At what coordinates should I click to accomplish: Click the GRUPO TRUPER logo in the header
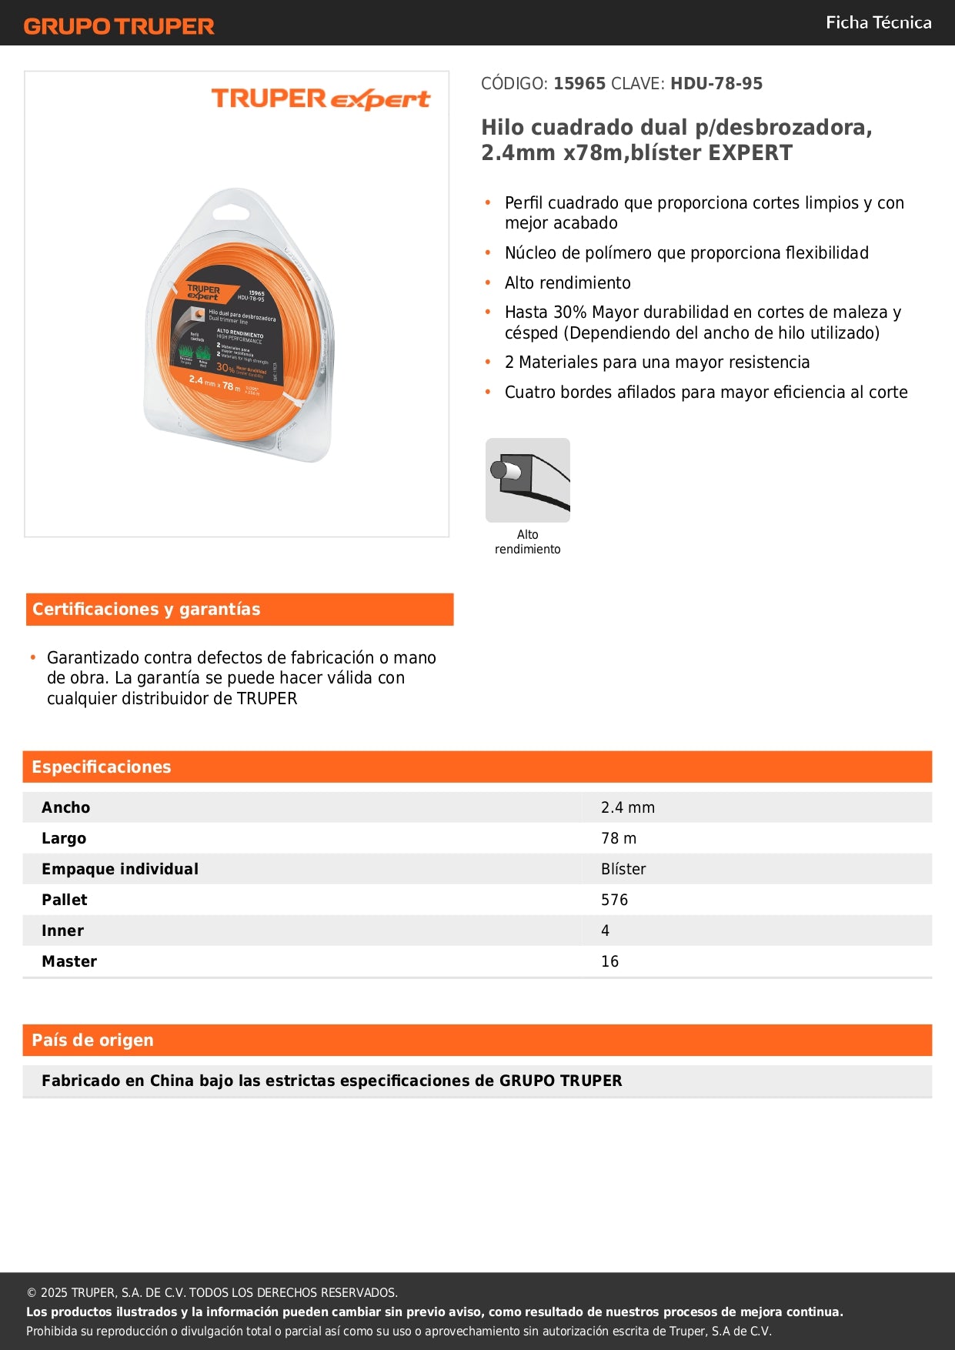(x=119, y=26)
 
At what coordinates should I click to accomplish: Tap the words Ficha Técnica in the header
(x=878, y=22)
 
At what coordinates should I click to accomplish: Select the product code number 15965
(x=579, y=84)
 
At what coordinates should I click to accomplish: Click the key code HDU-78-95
(x=716, y=84)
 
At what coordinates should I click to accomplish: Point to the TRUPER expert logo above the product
(x=320, y=99)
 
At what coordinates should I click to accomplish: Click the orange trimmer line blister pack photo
(x=239, y=327)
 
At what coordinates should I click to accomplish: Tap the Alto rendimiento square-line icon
(x=528, y=480)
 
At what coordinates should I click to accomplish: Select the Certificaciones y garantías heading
(x=146, y=610)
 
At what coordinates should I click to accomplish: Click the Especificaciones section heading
(x=102, y=767)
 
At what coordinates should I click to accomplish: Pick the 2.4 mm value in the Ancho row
(x=628, y=807)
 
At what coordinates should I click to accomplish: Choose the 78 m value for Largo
(x=619, y=838)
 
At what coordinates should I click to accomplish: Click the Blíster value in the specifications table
(x=623, y=869)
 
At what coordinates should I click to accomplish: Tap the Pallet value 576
(x=614, y=900)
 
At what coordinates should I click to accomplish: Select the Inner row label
(x=63, y=931)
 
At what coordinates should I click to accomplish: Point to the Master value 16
(x=609, y=961)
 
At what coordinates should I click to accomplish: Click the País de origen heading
(x=92, y=1041)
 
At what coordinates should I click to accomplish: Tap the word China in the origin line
(x=172, y=1081)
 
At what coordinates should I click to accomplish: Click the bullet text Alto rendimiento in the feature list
(x=567, y=283)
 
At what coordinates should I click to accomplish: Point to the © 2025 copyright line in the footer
(x=212, y=1293)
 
